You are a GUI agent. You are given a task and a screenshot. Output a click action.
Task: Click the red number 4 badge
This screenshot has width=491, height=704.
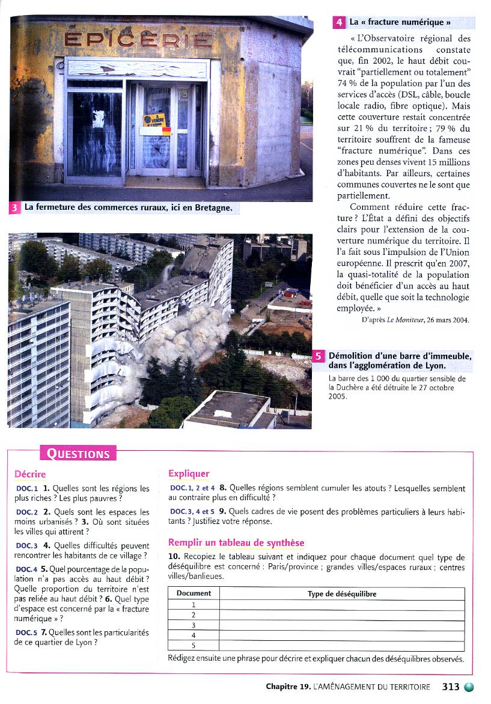pos(339,23)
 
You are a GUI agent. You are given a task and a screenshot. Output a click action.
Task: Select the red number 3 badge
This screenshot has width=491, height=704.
pos(15,209)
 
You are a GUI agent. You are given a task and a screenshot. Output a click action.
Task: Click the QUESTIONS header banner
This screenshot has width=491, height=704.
pos(78,453)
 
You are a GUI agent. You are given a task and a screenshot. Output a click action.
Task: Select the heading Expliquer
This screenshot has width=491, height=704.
pos(189,474)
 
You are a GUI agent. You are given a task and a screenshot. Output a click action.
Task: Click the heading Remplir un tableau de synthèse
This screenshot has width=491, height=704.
pos(236,543)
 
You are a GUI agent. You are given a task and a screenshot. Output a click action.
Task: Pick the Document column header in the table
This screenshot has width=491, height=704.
pos(194,593)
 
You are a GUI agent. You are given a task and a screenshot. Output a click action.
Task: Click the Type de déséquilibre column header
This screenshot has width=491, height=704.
pos(341,593)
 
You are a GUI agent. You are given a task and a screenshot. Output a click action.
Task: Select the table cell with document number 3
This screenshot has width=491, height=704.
pos(194,625)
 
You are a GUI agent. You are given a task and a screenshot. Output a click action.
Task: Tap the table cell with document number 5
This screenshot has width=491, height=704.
pos(194,646)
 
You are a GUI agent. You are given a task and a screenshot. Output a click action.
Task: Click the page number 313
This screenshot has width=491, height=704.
pos(450,687)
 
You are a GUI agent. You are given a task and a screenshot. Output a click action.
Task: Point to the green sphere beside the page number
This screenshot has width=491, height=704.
pos(469,687)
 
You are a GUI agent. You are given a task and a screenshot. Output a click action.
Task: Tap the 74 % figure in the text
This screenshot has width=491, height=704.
pos(345,84)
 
